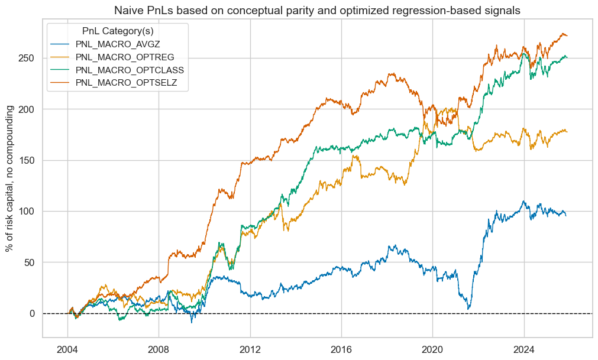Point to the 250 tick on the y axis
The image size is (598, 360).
point(26,58)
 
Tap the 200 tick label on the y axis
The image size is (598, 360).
point(26,109)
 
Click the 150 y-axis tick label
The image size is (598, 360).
point(26,160)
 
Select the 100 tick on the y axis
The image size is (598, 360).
point(26,211)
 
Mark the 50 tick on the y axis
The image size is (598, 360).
point(28,262)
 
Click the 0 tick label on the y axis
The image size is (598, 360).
point(31,313)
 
